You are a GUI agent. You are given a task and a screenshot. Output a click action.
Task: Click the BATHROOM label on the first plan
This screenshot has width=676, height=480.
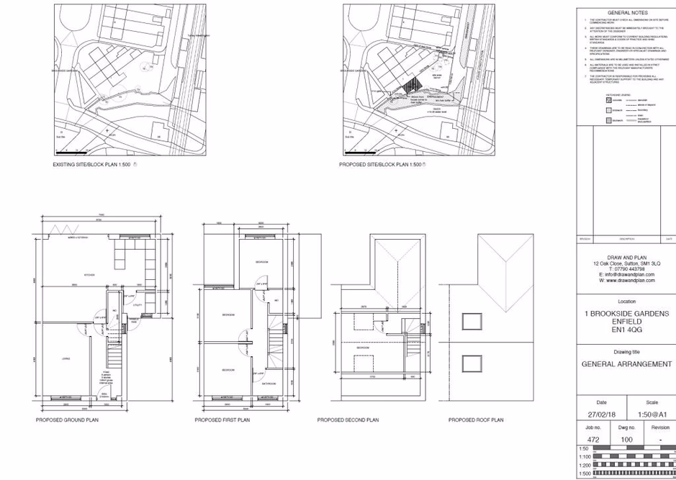tap(271, 384)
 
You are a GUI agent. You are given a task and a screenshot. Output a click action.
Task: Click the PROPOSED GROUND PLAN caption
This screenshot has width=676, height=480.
tap(67, 419)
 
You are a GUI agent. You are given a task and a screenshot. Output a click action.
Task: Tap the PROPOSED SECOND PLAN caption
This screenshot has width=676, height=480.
tap(348, 419)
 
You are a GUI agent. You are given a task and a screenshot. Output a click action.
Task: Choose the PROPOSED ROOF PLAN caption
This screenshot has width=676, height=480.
tap(476, 419)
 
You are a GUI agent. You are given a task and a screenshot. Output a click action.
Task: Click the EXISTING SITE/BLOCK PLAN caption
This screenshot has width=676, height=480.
tap(92, 165)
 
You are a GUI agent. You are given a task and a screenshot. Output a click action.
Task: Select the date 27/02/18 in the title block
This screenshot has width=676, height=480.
tap(601, 413)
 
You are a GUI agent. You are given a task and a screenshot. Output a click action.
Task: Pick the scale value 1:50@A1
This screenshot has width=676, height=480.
tap(652, 413)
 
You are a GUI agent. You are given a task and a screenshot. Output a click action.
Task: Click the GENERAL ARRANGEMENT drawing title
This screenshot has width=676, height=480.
tap(627, 364)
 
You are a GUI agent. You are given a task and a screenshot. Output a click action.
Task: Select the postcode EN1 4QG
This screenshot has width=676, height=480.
tap(627, 332)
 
